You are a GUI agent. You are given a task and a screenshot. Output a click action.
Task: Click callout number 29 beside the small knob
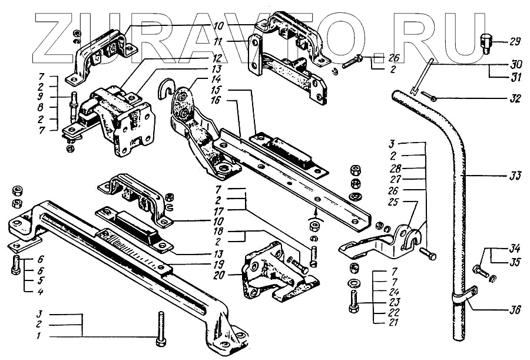pos(515,41)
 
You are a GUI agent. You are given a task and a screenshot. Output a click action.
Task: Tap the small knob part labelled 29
pos(486,42)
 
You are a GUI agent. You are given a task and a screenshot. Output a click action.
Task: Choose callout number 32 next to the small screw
pos(514,100)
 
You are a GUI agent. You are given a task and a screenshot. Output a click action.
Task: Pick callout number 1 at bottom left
pos(39,336)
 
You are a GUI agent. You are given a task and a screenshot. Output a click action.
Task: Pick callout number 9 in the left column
pos(41,97)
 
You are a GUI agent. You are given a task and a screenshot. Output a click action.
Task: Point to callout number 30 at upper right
pos(514,63)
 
